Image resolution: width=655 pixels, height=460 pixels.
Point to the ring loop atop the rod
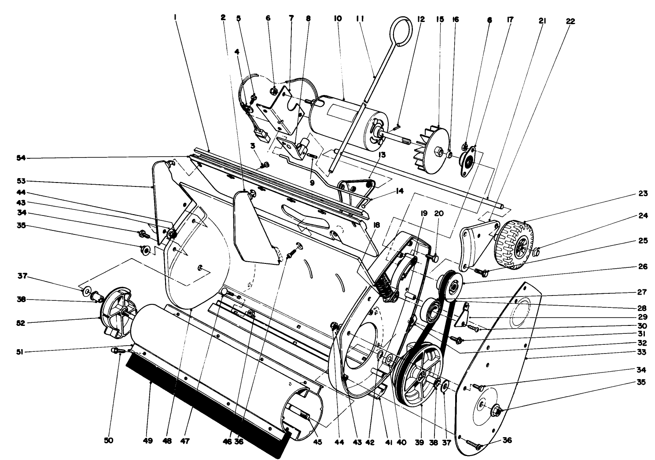[x=399, y=31]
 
